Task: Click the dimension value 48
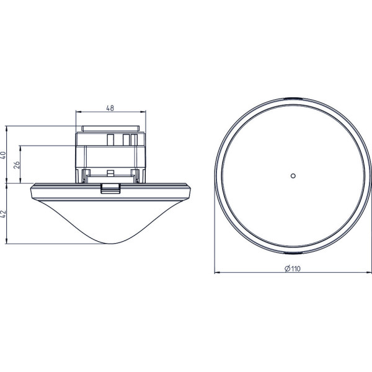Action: (110, 108)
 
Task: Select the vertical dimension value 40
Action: (3, 155)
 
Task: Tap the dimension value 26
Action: (17, 165)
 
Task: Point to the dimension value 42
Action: (3, 214)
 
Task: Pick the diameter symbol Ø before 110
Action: (287, 268)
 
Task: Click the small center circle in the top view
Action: (293, 176)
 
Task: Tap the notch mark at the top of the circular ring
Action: (293, 99)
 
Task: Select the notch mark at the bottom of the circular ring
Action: (293, 253)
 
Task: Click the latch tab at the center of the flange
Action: (110, 188)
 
